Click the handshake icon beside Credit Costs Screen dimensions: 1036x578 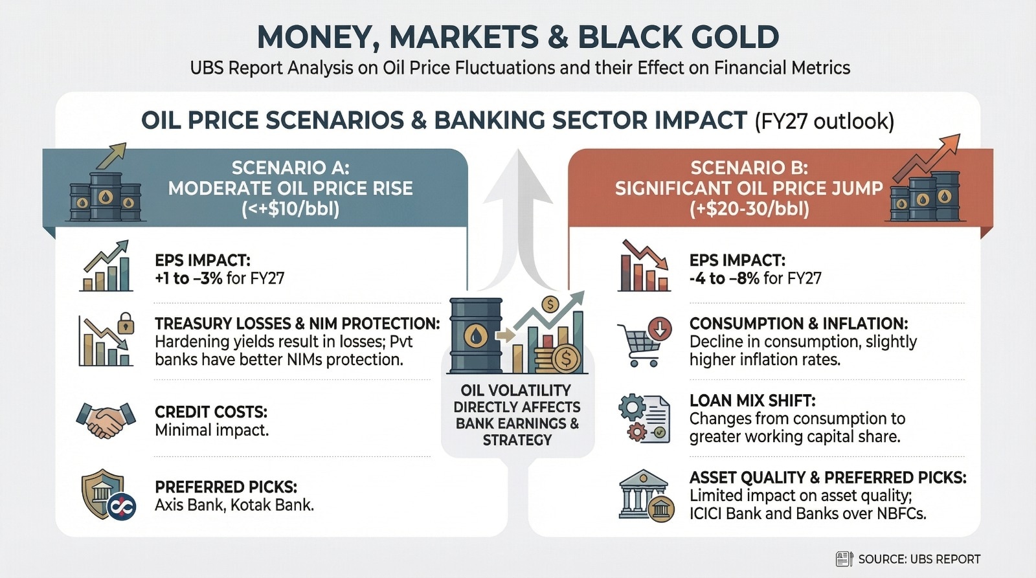(106, 420)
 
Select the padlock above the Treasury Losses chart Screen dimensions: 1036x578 (126, 322)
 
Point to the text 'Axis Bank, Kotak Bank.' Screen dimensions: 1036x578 (234, 504)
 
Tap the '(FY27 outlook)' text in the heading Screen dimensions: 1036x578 (825, 121)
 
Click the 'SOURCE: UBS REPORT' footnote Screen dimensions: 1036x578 (919, 559)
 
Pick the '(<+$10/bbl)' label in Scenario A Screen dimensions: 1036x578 (291, 209)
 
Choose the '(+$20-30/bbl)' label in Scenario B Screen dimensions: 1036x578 (749, 209)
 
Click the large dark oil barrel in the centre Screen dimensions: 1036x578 (476, 336)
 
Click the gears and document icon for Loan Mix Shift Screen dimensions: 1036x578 (644, 419)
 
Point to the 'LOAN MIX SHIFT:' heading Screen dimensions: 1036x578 (752, 401)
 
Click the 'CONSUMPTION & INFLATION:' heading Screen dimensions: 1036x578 (799, 324)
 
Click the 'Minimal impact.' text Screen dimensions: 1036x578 (212, 430)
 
